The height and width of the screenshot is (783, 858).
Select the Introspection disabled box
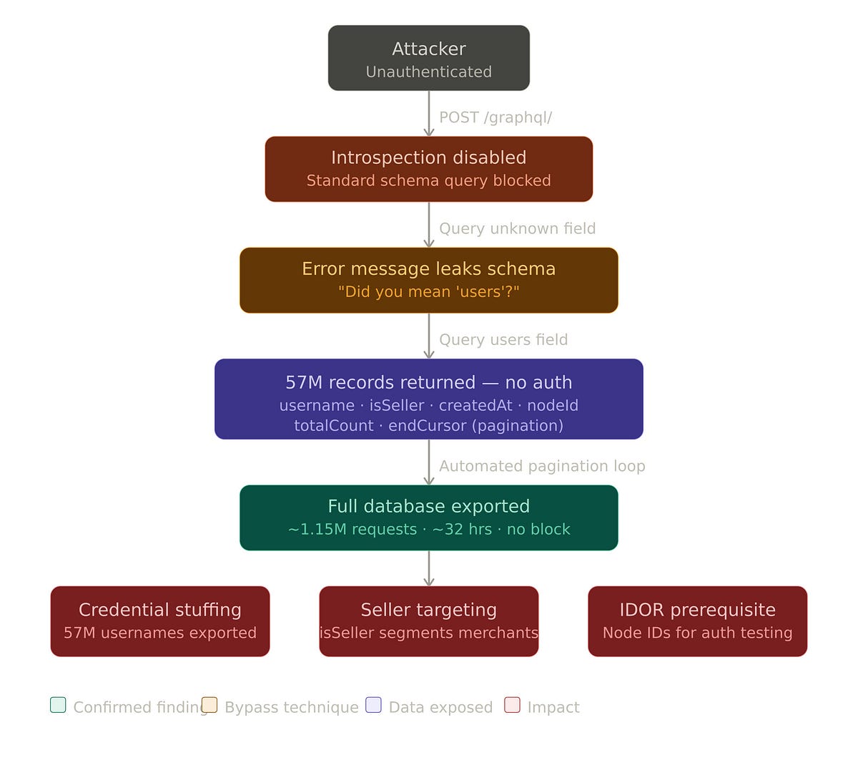coord(429,169)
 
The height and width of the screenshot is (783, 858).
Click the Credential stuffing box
coord(160,621)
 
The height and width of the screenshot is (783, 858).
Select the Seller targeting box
coord(429,621)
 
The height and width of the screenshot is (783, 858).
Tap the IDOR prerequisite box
coord(697,621)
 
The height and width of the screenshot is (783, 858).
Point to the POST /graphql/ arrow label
coord(495,117)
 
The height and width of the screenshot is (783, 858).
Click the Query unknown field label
coord(517,228)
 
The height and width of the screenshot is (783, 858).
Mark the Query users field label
coord(503,339)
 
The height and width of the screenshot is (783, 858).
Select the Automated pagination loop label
coord(542,466)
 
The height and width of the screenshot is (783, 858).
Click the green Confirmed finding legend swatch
coord(58,705)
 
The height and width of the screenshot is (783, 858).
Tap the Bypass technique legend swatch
coord(209,705)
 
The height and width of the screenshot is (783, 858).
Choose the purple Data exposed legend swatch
coord(373,705)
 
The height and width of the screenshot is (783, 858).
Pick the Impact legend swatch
coord(512,705)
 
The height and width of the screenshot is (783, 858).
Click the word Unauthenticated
coord(429,72)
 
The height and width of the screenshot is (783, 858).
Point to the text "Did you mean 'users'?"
coord(429,291)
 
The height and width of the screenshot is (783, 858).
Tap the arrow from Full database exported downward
coord(429,568)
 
